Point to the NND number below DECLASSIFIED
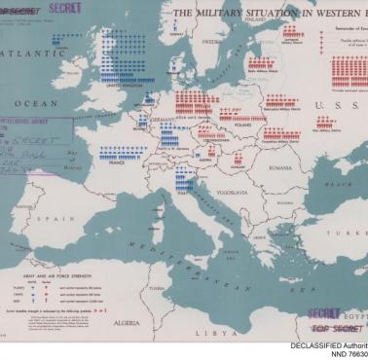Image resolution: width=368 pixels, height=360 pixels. pos(346,355)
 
